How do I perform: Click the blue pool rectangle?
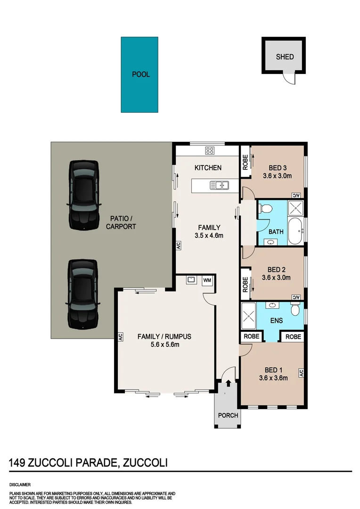pyautogui.click(x=140, y=74)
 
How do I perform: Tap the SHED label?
pyautogui.click(x=285, y=57)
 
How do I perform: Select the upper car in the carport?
pyautogui.click(x=84, y=195)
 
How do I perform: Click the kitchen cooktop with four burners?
pyautogui.click(x=210, y=151)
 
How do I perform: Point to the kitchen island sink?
pyautogui.click(x=219, y=185)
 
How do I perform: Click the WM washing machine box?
pyautogui.click(x=207, y=280)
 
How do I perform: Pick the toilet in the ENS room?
pyautogui.click(x=295, y=310)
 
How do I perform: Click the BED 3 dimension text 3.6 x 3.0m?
pyautogui.click(x=278, y=176)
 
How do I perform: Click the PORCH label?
pyautogui.click(x=228, y=415)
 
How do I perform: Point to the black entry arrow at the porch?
pyautogui.click(x=228, y=384)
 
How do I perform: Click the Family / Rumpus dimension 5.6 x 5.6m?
pyautogui.click(x=164, y=345)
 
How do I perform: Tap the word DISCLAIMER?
pyautogui.click(x=20, y=484)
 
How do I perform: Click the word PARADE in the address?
pyautogui.click(x=94, y=463)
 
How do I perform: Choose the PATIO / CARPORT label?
pyautogui.click(x=121, y=222)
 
